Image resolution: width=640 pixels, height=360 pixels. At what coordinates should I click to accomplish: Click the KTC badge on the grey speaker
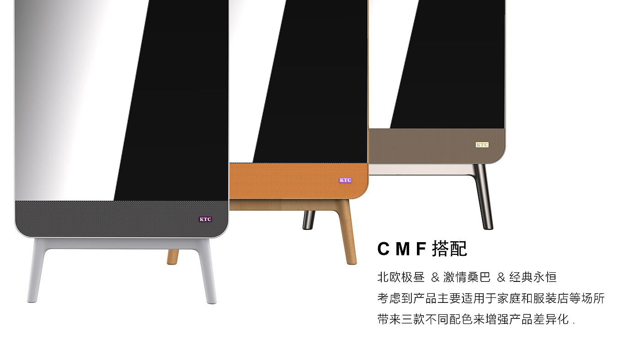pyautogui.click(x=205, y=219)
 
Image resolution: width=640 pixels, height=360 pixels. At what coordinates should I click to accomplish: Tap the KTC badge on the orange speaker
pyautogui.click(x=345, y=180)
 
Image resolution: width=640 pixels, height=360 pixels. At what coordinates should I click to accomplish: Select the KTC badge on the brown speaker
pyautogui.click(x=482, y=145)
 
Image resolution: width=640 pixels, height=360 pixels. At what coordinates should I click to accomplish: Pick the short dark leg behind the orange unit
pyautogui.click(x=309, y=220)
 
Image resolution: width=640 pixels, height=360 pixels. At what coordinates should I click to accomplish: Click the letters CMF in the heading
pyautogui.click(x=401, y=249)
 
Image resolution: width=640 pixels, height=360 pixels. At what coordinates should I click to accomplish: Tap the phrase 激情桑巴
pyautogui.click(x=467, y=277)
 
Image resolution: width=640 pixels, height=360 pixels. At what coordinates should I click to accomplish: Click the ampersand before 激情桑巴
pyautogui.click(x=435, y=277)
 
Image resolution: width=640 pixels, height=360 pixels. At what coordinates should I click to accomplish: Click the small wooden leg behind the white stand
pyautogui.click(x=173, y=257)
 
